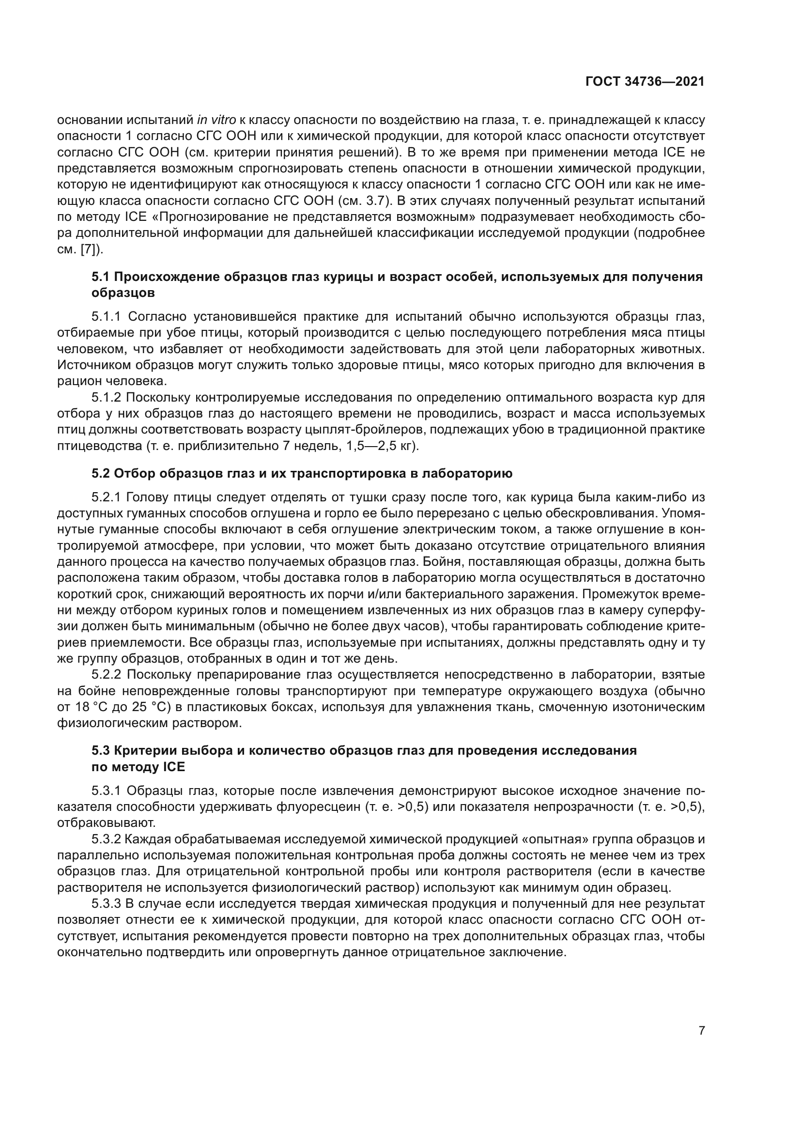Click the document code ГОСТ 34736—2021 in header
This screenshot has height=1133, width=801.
[x=645, y=82]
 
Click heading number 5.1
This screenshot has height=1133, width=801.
[x=101, y=277]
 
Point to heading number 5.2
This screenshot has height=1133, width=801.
[x=101, y=474]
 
